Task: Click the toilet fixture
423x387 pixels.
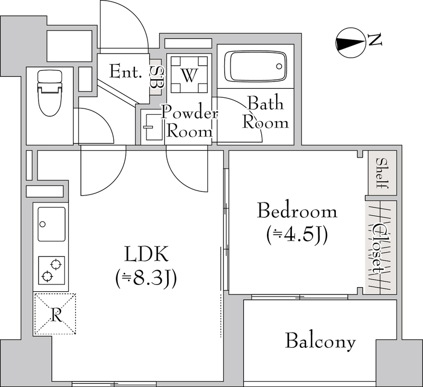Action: pos(50,93)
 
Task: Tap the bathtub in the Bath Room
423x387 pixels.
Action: pos(255,66)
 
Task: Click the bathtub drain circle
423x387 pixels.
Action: pos(279,66)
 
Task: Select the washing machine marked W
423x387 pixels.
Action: pos(189,75)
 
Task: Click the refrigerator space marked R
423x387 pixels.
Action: pos(55,314)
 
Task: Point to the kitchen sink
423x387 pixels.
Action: pos(51,224)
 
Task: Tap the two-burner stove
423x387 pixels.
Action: pos(51,270)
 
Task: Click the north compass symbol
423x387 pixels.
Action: pos(351,43)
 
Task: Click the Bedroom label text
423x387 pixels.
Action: pos(297,210)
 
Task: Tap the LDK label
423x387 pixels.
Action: pos(146,254)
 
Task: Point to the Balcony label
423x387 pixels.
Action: pos(320,341)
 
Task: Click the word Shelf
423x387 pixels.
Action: pos(382,173)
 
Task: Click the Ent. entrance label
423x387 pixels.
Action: pos(125,72)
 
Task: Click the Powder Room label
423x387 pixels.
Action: pos(189,122)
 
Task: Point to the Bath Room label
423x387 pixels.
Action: pos(265,113)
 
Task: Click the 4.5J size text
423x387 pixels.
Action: pos(297,234)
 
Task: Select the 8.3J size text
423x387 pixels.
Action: pos(146,278)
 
